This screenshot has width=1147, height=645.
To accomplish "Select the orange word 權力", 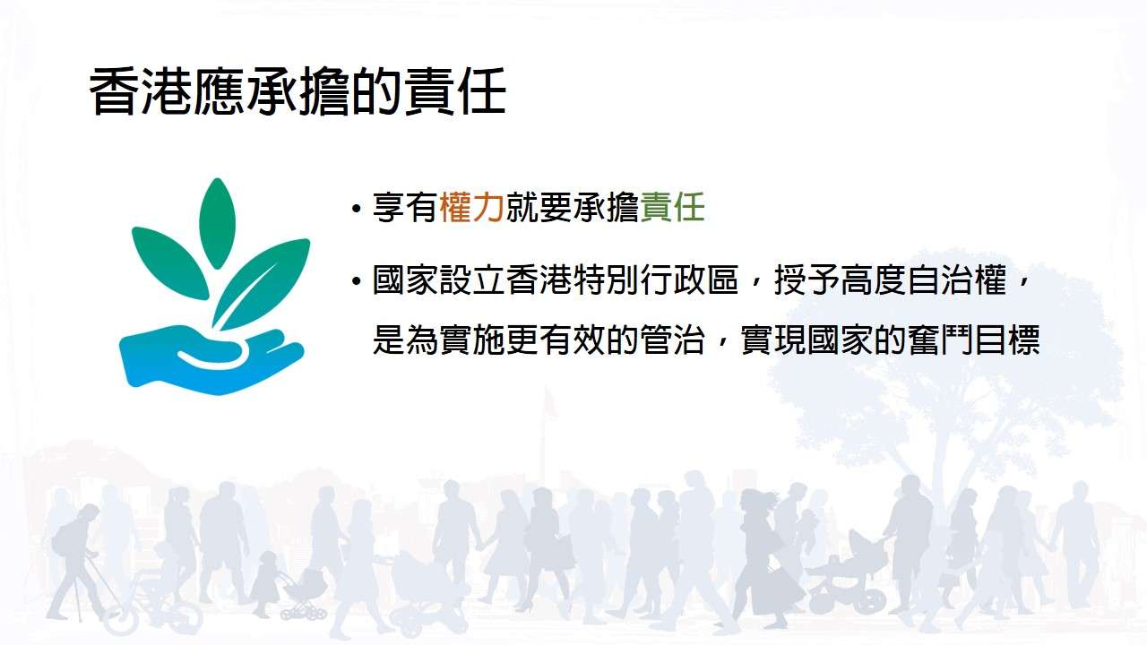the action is tap(471, 208).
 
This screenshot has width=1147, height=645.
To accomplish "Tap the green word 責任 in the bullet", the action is tap(673, 208).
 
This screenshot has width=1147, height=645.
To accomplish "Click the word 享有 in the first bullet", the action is tap(405, 208).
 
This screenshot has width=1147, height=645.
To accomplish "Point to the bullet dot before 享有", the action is tap(357, 210).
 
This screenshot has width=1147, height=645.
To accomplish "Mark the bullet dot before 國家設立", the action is tap(357, 281).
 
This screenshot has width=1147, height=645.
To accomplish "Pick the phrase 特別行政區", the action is tap(656, 280).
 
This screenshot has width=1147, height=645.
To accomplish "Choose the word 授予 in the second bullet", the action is tap(806, 280).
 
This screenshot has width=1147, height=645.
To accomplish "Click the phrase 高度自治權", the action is tap(923, 280).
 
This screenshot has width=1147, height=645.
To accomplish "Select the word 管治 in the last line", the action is tap(673, 340).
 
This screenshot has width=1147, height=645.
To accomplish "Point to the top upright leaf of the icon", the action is tap(217, 223).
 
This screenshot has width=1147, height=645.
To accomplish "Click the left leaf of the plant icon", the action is tap(169, 262).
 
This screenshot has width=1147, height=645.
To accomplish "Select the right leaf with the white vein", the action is tap(261, 284).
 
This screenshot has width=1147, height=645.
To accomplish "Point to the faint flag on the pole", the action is tap(549, 403).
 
